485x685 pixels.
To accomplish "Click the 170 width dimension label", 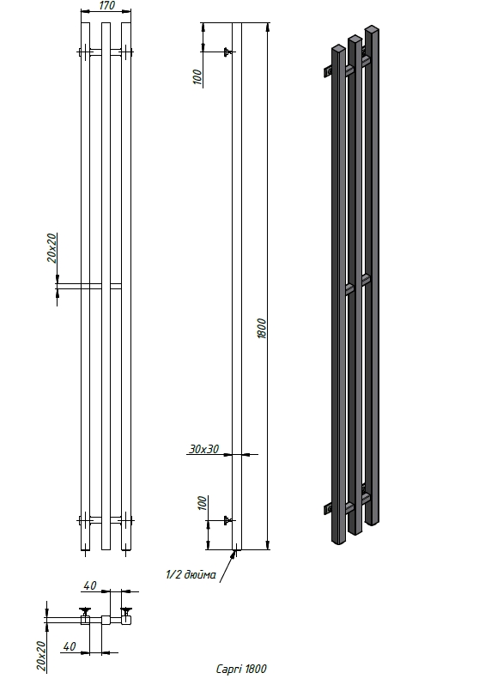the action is (106, 5).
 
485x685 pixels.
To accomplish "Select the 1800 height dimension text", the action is (261, 329).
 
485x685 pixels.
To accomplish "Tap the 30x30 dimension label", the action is (204, 449).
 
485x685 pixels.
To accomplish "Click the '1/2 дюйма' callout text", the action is (191, 574).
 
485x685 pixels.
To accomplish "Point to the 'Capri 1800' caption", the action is (241, 669).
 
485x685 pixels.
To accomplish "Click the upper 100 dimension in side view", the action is (197, 77).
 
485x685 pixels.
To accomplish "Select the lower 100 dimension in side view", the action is (202, 503).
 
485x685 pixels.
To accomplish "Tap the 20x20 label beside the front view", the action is (52, 248).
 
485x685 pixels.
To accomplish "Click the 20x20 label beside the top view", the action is (40, 656).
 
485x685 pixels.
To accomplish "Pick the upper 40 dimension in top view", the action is (89, 585).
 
